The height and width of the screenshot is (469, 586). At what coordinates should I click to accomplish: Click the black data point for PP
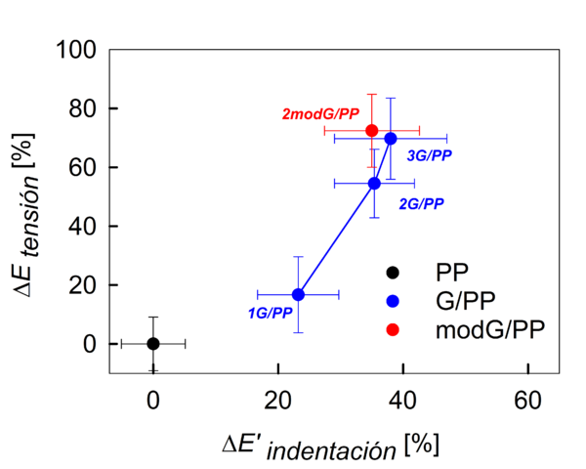(153, 343)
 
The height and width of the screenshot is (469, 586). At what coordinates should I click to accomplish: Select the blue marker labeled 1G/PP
(298, 294)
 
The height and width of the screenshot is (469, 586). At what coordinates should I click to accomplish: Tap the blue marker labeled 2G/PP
(374, 183)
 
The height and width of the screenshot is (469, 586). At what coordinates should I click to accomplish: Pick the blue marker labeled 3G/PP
(391, 139)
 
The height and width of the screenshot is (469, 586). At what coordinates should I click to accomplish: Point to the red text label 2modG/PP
(320, 115)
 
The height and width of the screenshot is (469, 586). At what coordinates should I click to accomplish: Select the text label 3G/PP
(429, 154)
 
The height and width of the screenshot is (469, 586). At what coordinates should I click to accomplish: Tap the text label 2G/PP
(421, 203)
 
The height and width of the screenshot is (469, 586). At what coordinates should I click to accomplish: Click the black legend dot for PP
(393, 271)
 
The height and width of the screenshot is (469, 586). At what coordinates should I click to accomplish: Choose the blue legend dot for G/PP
(393, 300)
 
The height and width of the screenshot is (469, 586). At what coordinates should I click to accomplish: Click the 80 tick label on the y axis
(82, 108)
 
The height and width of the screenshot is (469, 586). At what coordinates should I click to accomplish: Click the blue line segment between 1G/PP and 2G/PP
(336, 238)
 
